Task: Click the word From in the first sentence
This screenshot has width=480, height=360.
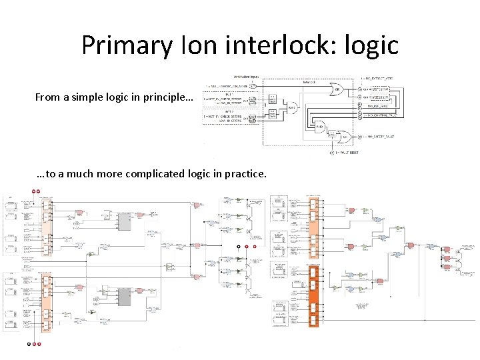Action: pyautogui.click(x=47, y=98)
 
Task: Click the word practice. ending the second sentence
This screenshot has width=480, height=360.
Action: pyautogui.click(x=245, y=175)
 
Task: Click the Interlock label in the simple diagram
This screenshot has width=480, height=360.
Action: pyautogui.click(x=310, y=83)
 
